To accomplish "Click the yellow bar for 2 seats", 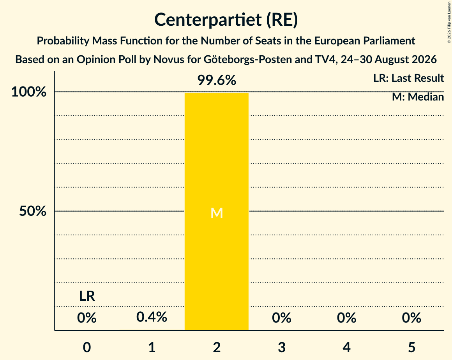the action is coord(217,212).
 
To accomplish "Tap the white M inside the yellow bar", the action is coord(217,213).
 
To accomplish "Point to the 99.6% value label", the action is coord(217,80).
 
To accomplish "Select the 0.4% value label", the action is coord(152,317).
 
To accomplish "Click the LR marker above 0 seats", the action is coord(87,296).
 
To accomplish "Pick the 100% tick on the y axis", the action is coord(29,92).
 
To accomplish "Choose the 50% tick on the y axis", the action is coord(33,211).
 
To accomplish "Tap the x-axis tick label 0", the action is coord(87,347).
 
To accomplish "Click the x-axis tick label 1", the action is coord(152,347).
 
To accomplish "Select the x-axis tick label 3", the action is coord(282,347).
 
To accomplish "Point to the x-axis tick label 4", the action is coord(347,347).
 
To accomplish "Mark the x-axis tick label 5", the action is coord(411,347).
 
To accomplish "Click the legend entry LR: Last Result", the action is coord(408,78).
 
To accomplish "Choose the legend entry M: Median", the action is coord(418,97).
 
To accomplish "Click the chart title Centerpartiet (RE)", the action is coord(226,19).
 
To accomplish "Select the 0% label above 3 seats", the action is coord(282,318).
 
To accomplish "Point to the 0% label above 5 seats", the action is coord(411,318).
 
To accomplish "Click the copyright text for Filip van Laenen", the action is coord(449,22).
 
